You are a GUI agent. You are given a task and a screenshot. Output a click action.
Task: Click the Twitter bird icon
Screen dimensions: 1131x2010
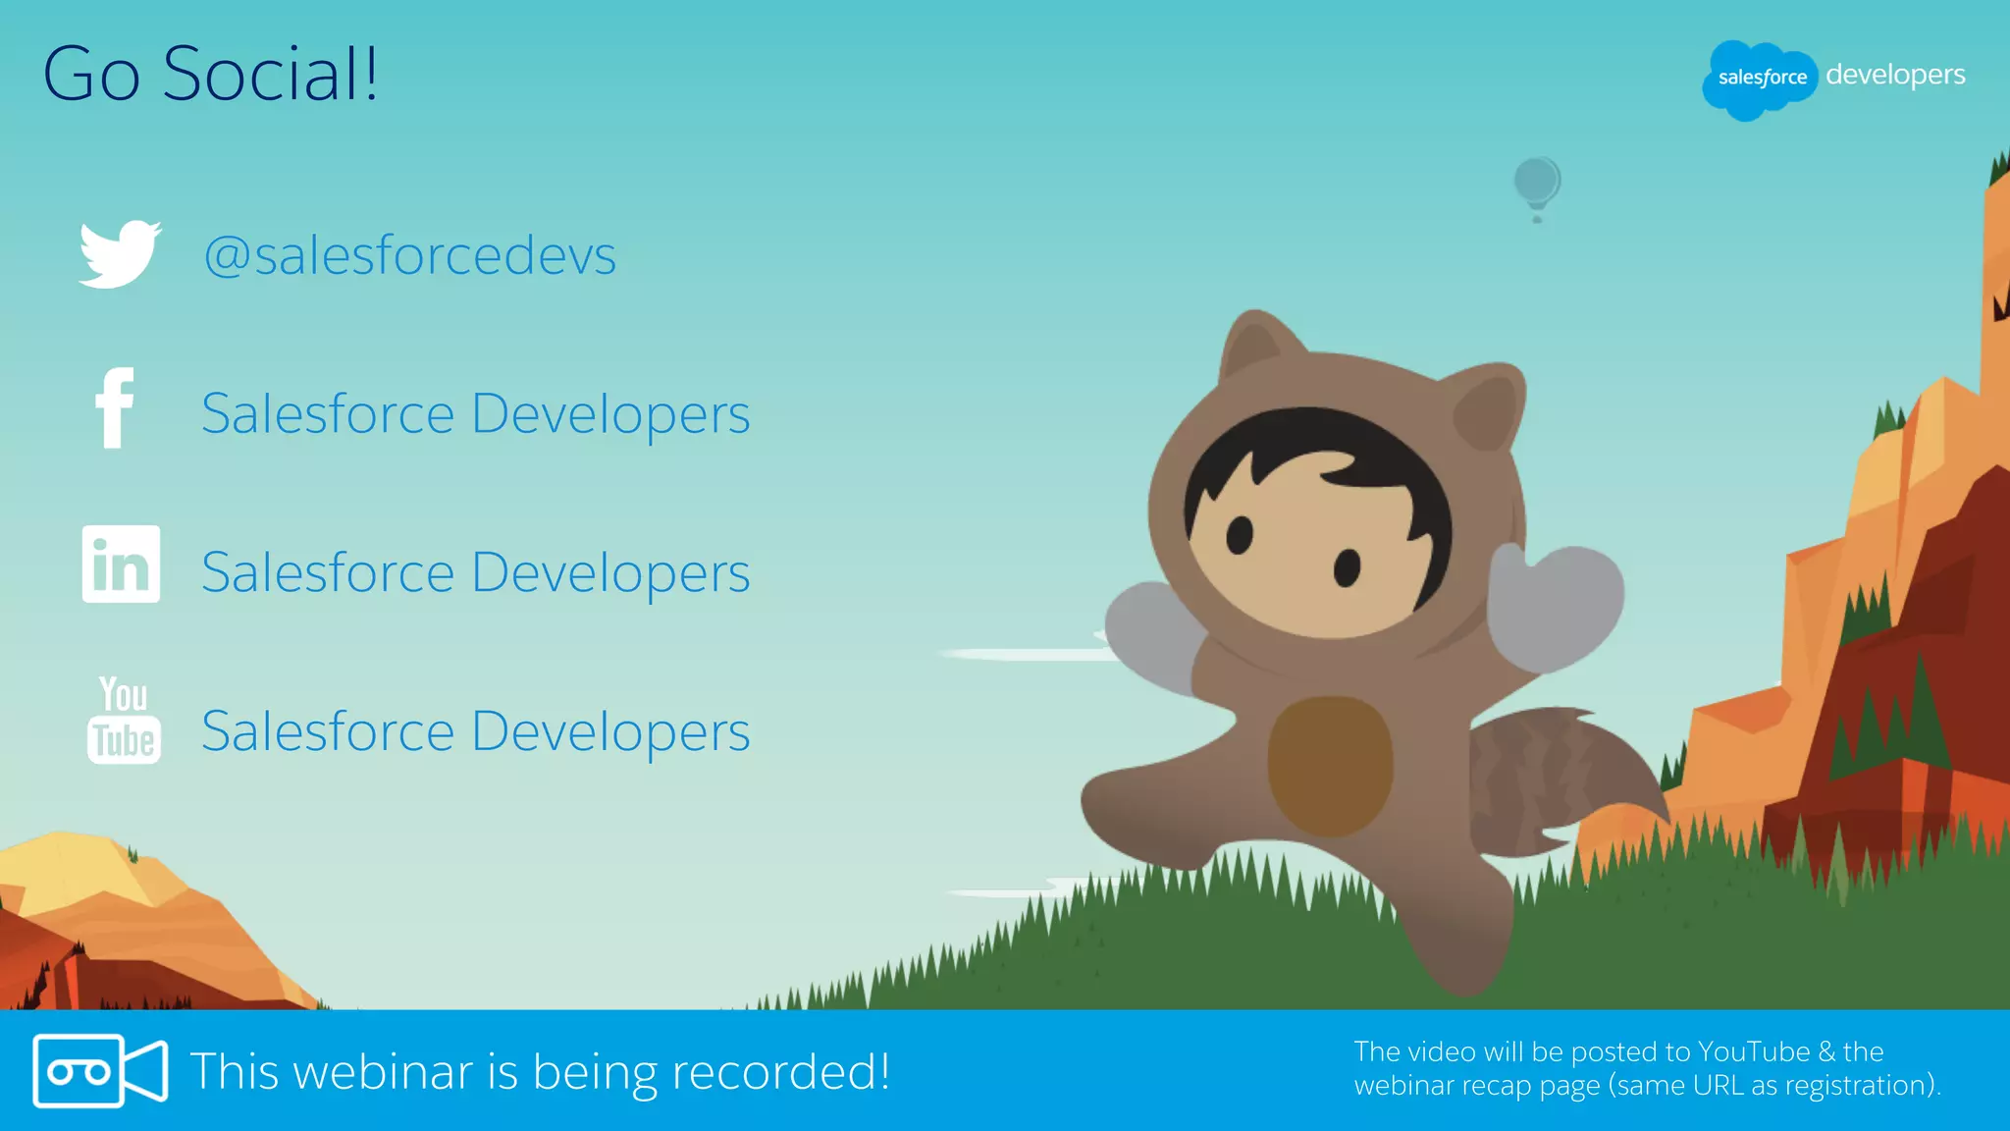coord(120,254)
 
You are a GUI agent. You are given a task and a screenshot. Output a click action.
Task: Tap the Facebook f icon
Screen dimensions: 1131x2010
coord(115,408)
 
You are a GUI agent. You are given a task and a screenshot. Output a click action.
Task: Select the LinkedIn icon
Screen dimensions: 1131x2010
coord(121,565)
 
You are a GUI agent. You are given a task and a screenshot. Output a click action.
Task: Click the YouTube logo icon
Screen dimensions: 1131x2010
coord(124,720)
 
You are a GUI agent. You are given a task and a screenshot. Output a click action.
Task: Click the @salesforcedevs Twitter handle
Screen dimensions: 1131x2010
coord(410,256)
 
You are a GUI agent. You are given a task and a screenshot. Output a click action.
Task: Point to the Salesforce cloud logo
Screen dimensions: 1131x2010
coord(1761,79)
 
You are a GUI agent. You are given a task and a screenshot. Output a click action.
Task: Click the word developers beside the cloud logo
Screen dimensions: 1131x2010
coord(1895,76)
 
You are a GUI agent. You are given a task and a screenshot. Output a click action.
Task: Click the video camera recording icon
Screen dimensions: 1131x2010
coord(100,1071)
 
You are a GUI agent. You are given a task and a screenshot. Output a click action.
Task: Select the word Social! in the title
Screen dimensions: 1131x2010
coord(270,75)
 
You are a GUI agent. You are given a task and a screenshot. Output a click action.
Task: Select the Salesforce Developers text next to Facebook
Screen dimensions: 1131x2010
coord(476,414)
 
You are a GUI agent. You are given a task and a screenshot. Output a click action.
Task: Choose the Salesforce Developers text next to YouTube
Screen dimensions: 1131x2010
coord(476,732)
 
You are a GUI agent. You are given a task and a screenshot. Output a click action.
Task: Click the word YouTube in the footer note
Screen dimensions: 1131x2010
coord(1754,1052)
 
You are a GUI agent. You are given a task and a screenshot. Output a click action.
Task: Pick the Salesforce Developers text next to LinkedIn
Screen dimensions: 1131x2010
coord(476,573)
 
